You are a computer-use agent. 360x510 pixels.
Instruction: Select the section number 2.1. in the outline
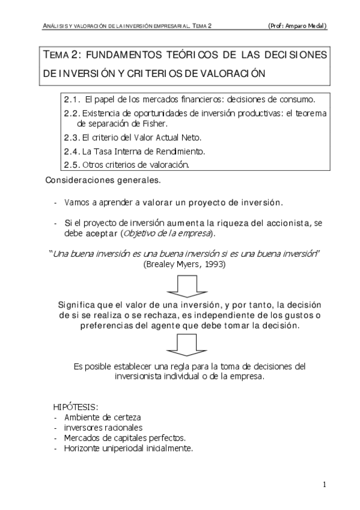pyautogui.click(x=72, y=98)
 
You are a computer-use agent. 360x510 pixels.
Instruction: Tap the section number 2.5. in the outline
pyautogui.click(x=72, y=164)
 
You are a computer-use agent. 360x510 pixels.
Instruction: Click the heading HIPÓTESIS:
pyautogui.click(x=76, y=407)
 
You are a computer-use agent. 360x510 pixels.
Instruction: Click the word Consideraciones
pyautogui.click(x=78, y=179)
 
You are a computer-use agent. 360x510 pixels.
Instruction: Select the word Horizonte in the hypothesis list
pyautogui.click(x=83, y=448)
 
